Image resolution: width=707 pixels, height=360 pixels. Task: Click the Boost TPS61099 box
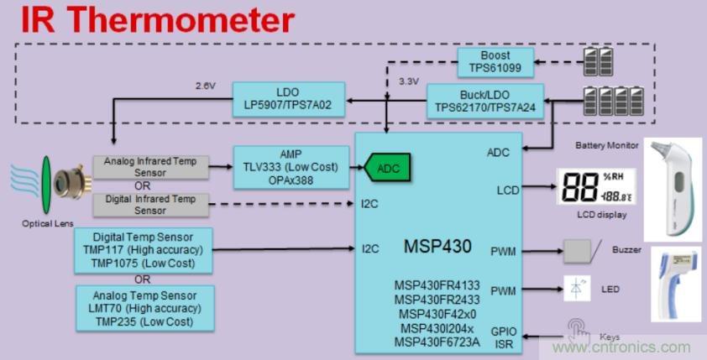tap(495, 60)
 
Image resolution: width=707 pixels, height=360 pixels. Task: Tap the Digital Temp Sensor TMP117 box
tap(144, 249)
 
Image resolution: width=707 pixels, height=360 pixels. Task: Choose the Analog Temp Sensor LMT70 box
tap(144, 307)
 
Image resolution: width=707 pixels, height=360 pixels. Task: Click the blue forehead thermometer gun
tap(678, 285)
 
